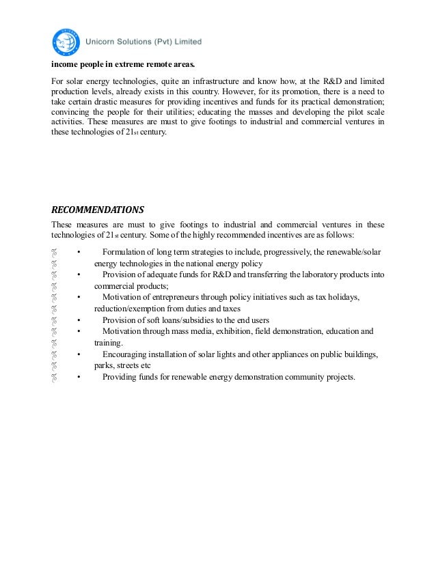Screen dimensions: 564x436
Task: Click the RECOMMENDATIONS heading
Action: point(98,209)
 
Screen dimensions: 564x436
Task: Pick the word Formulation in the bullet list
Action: point(125,253)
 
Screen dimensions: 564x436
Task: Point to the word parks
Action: point(103,365)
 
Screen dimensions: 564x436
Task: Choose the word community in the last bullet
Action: point(299,377)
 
